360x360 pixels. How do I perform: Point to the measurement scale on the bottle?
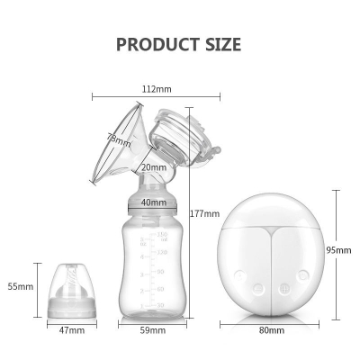[x=160, y=270]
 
